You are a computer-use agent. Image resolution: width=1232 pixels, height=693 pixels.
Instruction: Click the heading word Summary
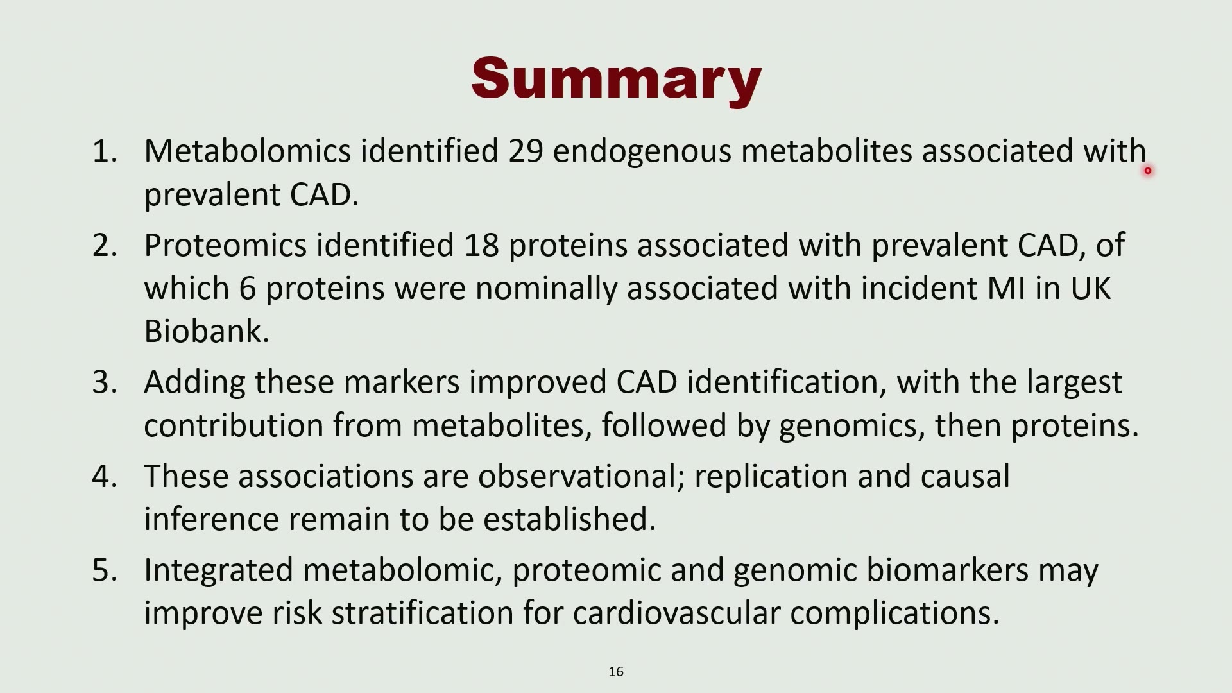616,80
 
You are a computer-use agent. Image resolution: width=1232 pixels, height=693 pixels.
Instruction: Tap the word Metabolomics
248,151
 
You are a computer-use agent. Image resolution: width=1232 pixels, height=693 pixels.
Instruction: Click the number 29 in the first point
526,151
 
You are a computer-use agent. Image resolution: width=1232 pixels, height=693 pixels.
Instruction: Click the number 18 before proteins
482,246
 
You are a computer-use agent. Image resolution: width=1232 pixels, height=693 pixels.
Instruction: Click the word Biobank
207,332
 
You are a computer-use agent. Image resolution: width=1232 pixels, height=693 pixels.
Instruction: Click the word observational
581,477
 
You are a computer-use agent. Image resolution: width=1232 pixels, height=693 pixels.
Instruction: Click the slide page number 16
616,672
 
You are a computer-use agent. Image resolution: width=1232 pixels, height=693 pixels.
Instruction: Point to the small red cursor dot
1148,171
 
